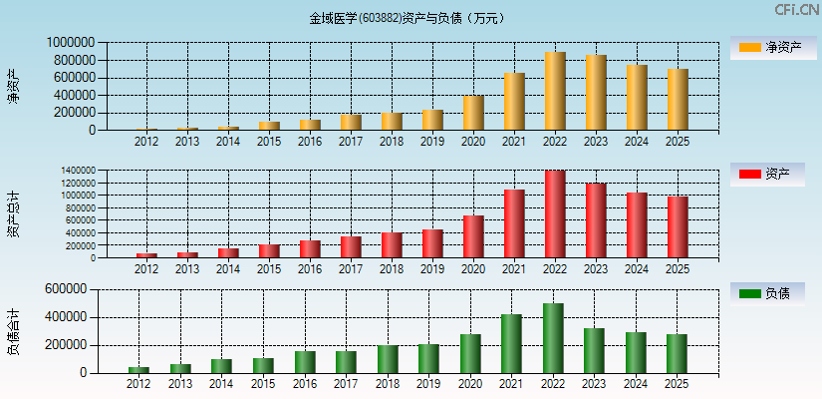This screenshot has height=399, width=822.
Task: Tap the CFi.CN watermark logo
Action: coord(796,10)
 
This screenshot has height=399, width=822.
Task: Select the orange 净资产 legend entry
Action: coord(772,47)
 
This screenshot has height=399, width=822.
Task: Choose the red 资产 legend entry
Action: coord(772,175)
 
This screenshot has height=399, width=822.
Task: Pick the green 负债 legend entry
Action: coord(772,293)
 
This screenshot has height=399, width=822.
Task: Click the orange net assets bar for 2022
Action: coord(555,91)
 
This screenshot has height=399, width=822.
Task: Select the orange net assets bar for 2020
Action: coord(473,113)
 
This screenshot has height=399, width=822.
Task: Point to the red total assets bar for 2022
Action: coord(555,214)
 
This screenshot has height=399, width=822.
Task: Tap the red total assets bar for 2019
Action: coord(432,243)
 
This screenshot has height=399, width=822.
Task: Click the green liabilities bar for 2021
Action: coord(511,344)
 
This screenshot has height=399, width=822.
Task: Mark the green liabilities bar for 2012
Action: coord(138,370)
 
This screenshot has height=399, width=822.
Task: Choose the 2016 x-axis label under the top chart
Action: coord(310,142)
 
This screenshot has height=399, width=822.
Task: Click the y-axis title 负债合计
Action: coord(13,331)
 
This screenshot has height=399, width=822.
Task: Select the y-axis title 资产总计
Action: coord(13,213)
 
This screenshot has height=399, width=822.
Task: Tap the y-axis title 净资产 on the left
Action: coord(13,86)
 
